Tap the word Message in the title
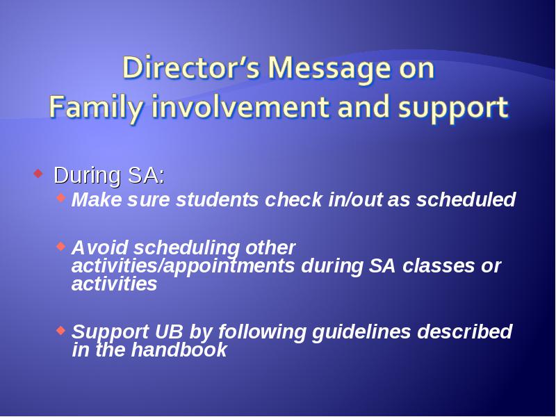(330, 69)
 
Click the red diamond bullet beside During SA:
(38, 173)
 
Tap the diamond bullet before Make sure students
(61, 197)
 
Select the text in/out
(355, 199)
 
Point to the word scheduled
(466, 199)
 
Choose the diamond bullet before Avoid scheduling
(61, 246)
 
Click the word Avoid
(99, 247)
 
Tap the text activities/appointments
(183, 266)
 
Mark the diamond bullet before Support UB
(61, 330)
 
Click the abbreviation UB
(169, 332)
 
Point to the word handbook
(179, 350)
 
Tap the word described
(465, 332)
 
